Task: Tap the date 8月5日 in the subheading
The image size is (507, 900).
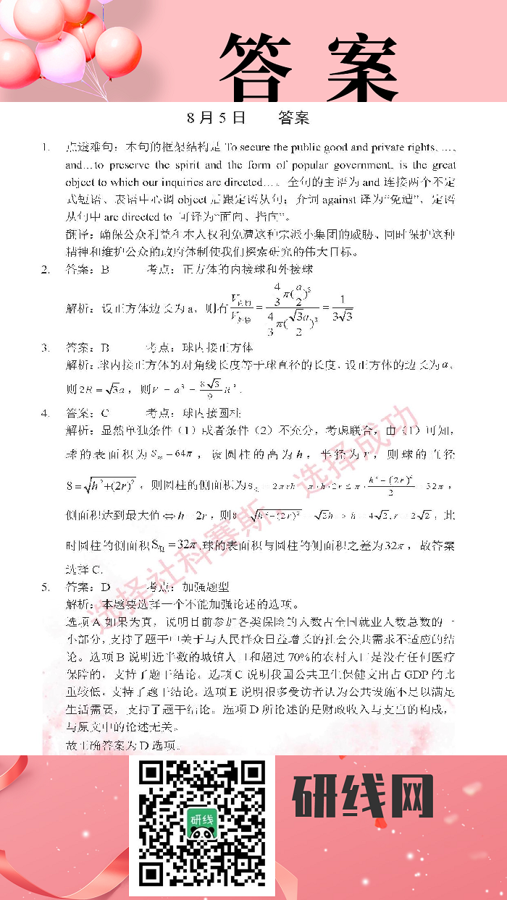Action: tap(216, 117)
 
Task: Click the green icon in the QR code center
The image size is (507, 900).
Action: tap(202, 825)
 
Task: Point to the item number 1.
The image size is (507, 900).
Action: tap(46, 148)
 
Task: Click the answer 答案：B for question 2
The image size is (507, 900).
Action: tap(87, 270)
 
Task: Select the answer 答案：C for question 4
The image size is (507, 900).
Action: tap(87, 413)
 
